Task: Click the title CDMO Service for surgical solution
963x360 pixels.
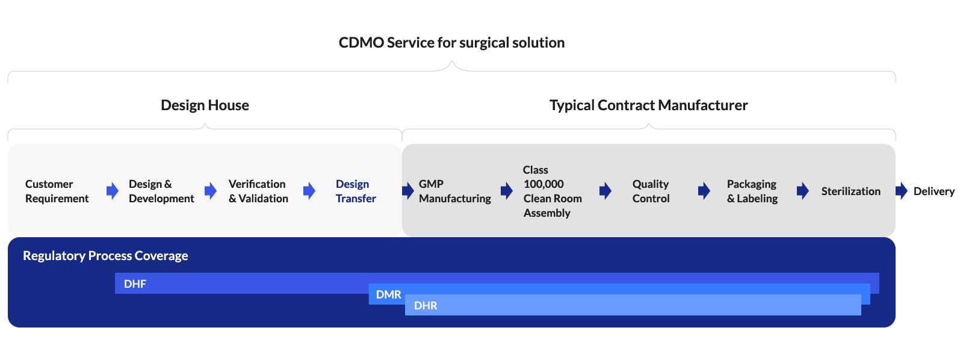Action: point(451,43)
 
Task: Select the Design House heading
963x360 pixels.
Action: point(205,105)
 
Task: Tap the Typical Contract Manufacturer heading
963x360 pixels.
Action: point(648,105)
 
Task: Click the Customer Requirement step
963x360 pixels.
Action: point(57,191)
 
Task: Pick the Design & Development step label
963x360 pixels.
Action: point(161,191)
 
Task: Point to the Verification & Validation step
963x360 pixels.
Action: point(258,191)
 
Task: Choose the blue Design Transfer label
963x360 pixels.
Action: point(355,191)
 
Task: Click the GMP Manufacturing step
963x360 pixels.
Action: point(454,191)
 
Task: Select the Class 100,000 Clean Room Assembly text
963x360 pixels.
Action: point(552,191)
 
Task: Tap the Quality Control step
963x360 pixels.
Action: point(651,191)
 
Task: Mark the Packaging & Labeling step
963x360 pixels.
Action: point(752,191)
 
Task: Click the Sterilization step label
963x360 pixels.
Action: point(850,191)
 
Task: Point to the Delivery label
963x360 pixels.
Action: point(934,191)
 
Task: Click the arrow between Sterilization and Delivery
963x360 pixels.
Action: point(901,191)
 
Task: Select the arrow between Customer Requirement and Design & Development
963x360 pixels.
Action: point(113,191)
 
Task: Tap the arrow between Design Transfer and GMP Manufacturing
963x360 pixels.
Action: point(408,191)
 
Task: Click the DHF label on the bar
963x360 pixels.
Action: point(135,284)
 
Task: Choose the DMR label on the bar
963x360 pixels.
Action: point(388,295)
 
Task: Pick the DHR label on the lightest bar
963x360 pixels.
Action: point(426,306)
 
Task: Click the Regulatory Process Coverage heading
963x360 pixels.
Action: point(105,256)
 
